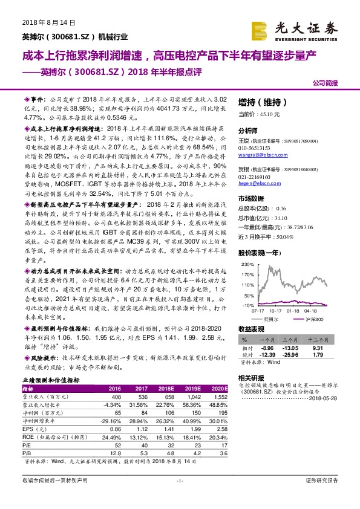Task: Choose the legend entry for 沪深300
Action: (315, 318)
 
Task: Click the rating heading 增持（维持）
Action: (258, 102)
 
